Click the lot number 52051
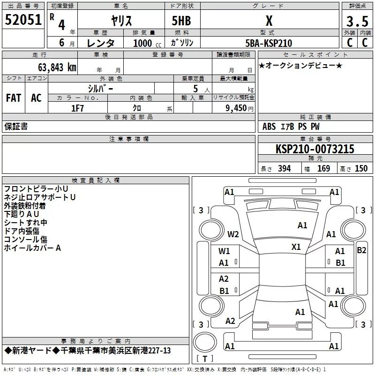23,20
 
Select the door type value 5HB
181,21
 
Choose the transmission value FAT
13,98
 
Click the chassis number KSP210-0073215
315,149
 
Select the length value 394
285,169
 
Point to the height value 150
361,169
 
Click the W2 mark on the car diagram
233,234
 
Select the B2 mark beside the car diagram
361,250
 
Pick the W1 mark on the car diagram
224,251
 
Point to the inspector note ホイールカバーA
32,248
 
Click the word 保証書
16,127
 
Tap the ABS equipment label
269,127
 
